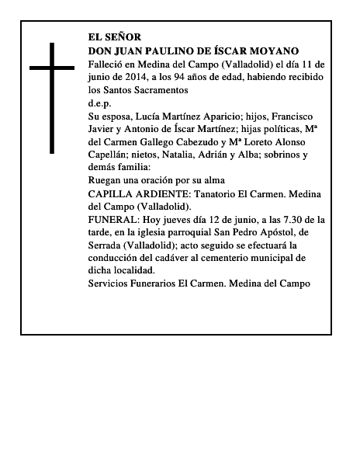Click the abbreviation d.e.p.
[100, 103]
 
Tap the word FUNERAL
[113, 220]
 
